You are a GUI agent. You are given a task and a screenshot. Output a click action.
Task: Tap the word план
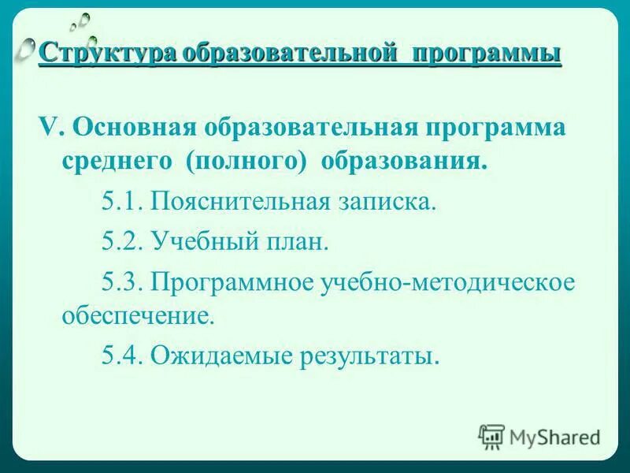[x=298, y=240]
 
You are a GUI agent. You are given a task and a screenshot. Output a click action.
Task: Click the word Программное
[x=234, y=281]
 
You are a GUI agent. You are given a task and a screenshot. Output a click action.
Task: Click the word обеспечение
[x=137, y=318]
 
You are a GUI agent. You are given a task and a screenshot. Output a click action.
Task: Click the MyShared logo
[x=539, y=436]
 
